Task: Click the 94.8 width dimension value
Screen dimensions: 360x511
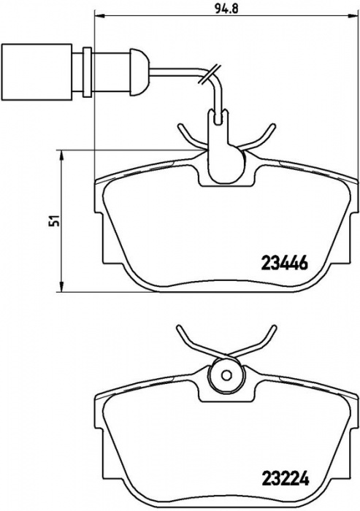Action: [x=226, y=8]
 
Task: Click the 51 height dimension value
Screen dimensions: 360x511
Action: [x=55, y=221]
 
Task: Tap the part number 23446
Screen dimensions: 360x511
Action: [x=284, y=263]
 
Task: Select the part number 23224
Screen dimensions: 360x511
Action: [x=285, y=488]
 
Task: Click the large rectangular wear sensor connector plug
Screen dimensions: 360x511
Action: [x=37, y=72]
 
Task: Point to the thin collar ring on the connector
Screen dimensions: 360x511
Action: [x=88, y=72]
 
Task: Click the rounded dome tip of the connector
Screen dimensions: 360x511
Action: [x=139, y=72]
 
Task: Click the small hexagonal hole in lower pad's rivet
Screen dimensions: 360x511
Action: [x=226, y=375]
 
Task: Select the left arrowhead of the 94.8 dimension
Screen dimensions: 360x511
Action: [x=99, y=15]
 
